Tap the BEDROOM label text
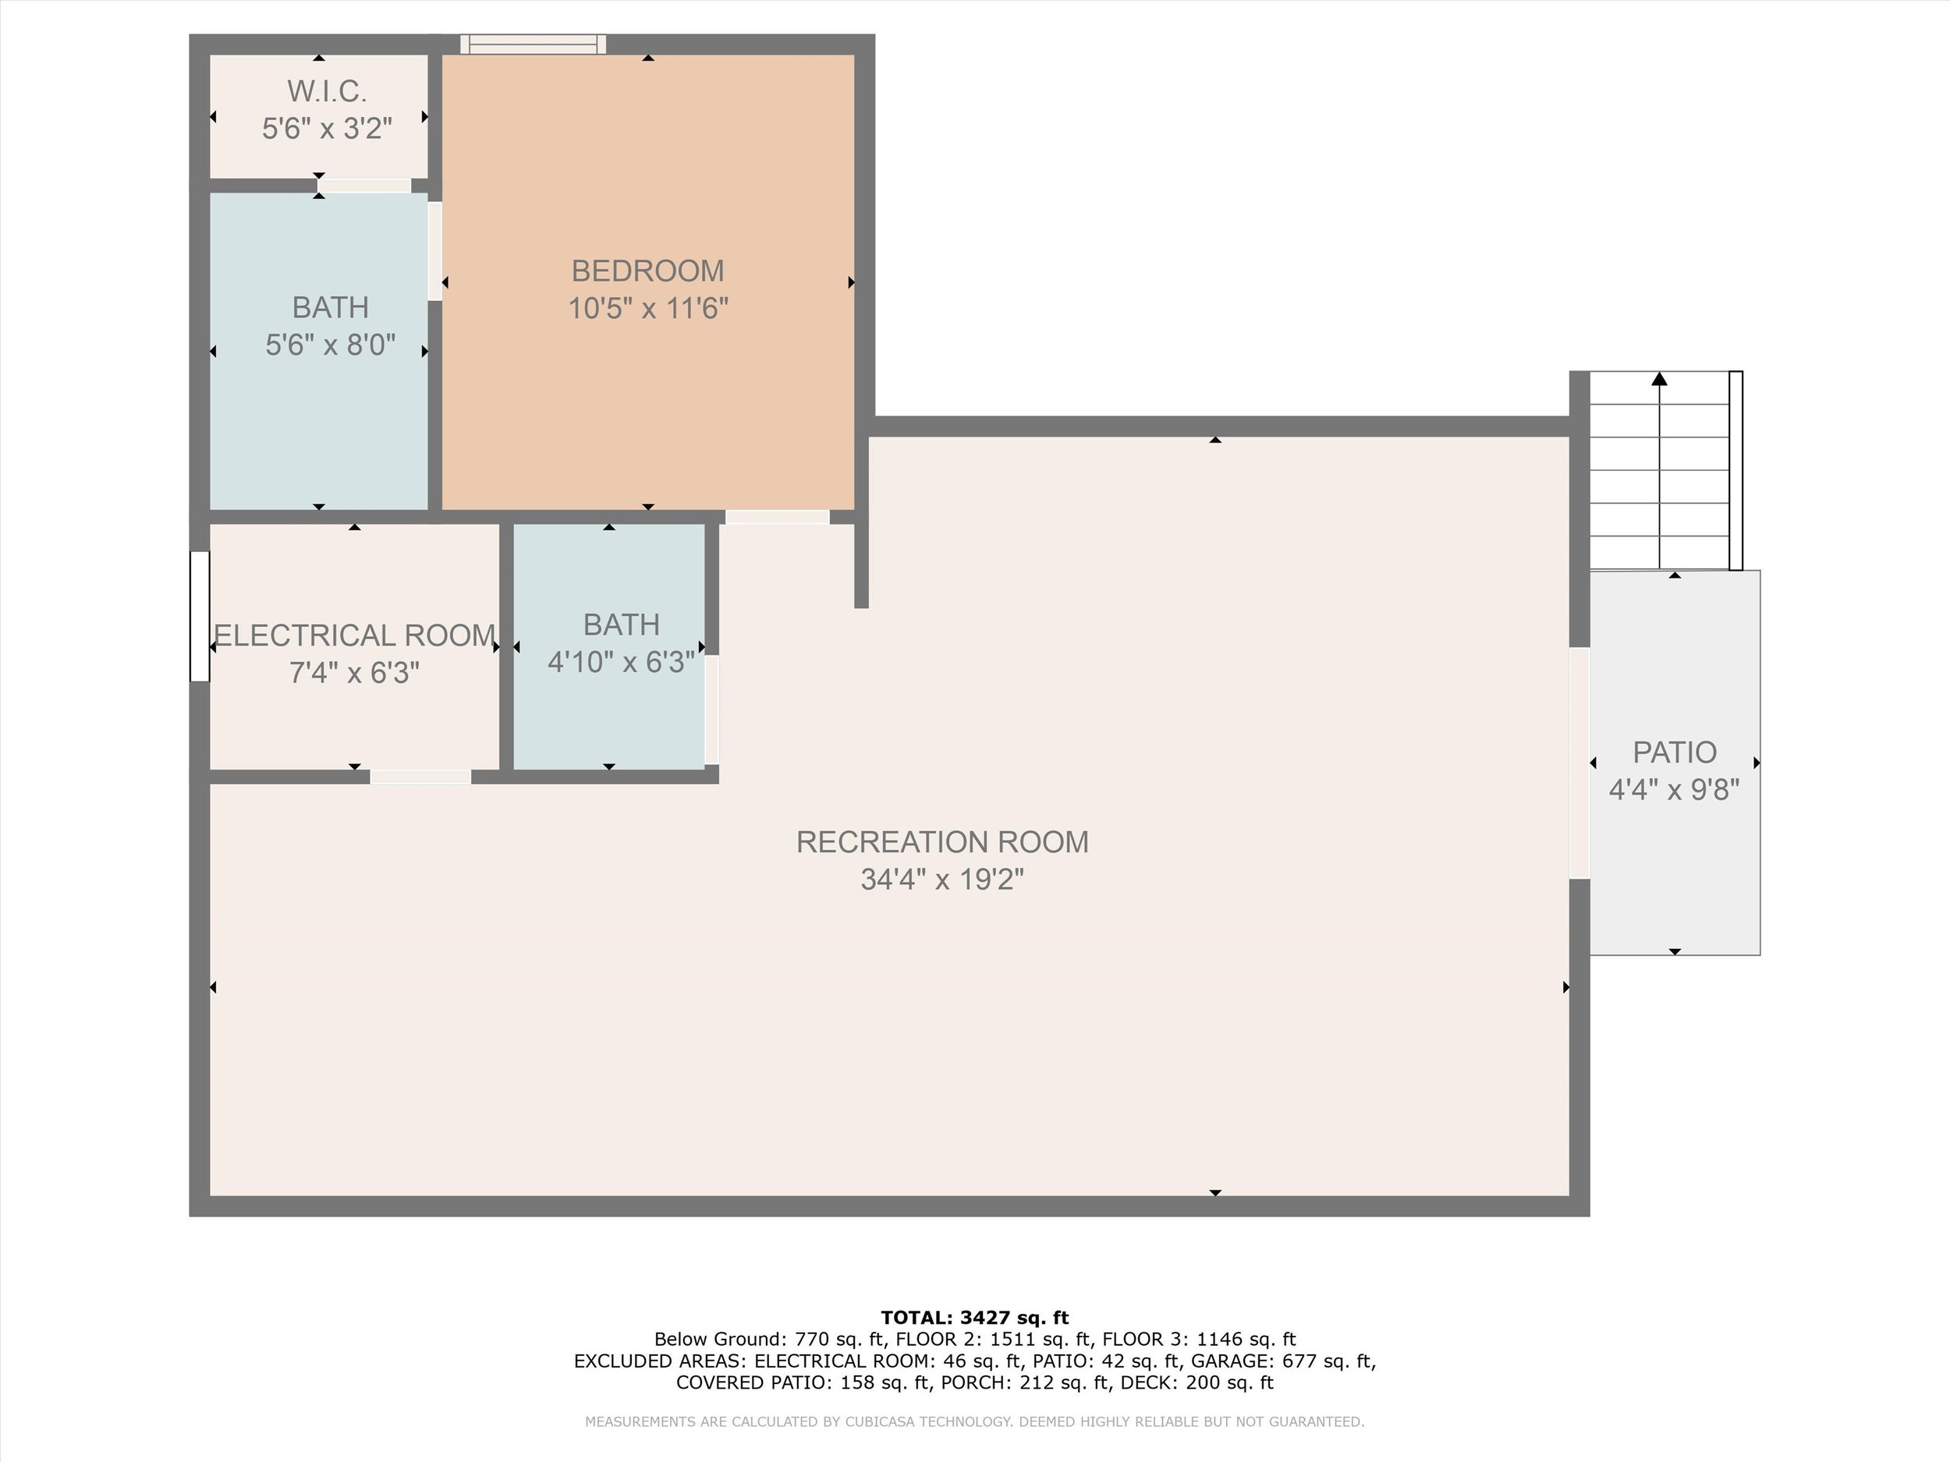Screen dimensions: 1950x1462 click(x=648, y=271)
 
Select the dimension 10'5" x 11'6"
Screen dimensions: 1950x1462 click(x=648, y=309)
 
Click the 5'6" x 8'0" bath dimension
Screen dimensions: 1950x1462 click(x=331, y=345)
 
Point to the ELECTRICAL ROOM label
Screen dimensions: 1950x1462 click(x=354, y=635)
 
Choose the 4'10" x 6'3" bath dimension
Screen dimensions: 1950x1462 click(x=622, y=662)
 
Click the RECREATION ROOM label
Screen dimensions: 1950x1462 click(x=942, y=842)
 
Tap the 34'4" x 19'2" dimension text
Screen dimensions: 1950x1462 click(x=942, y=880)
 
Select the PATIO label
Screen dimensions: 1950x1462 click(x=1674, y=752)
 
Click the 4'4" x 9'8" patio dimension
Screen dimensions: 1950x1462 click(x=1674, y=790)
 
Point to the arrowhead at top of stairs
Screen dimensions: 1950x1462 click(x=1659, y=379)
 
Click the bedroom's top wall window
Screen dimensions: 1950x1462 click(x=534, y=44)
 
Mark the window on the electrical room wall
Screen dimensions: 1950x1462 click(x=200, y=616)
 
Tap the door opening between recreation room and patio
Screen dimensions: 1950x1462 click(x=1579, y=763)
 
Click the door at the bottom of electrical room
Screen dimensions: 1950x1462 click(x=420, y=777)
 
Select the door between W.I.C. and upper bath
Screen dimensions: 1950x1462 click(x=364, y=186)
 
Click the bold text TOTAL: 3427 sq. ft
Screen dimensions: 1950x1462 click(x=975, y=1318)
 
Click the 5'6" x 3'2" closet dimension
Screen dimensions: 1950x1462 click(x=326, y=129)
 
